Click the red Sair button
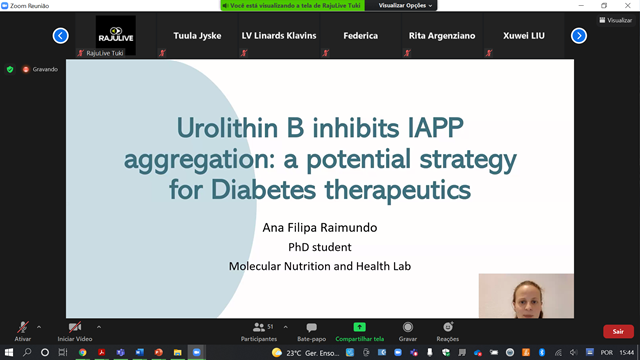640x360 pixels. point(618,331)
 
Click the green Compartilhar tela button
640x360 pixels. point(359,328)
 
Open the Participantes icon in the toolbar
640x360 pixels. point(259,328)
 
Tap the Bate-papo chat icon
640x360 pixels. point(311,328)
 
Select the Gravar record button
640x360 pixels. point(407,328)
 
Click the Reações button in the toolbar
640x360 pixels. point(447,328)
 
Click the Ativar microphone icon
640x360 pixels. point(22,328)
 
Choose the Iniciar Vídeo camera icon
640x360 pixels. point(74,328)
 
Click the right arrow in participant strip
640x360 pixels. point(579,36)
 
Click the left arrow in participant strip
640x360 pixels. point(60,36)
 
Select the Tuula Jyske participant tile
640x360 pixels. point(197,36)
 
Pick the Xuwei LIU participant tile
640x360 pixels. point(523,36)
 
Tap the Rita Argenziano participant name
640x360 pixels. point(436,36)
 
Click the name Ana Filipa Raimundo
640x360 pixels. point(319,227)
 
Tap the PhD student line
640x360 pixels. point(319,246)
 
